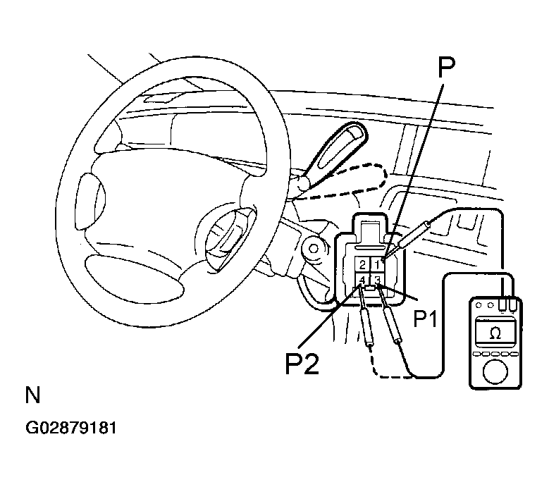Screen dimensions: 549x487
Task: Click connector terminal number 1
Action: [x=378, y=265]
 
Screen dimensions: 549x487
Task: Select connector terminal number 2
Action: [x=362, y=265]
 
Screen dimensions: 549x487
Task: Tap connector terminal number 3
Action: [x=378, y=280]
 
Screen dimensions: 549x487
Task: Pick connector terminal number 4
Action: [x=362, y=280]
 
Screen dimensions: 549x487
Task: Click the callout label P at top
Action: [x=446, y=67]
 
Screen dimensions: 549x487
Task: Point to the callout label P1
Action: [x=426, y=319]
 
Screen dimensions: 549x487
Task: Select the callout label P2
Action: [x=302, y=364]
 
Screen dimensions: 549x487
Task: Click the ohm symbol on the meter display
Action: [x=495, y=333]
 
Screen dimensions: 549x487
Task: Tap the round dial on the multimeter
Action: [x=495, y=372]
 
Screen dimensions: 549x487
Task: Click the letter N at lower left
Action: [x=33, y=395]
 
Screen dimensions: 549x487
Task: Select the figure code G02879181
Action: [x=70, y=428]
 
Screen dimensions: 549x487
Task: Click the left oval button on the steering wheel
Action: [x=90, y=201]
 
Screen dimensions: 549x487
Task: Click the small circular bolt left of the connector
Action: [x=314, y=249]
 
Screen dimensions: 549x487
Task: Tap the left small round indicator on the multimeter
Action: [x=479, y=305]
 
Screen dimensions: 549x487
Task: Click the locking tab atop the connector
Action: [x=370, y=229]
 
